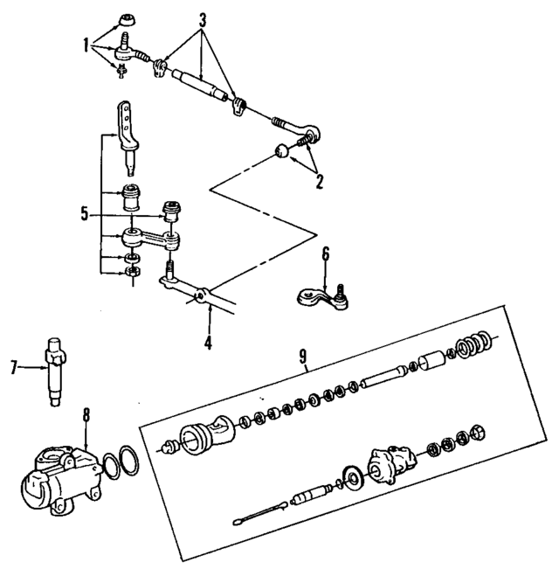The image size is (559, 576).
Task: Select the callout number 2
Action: coord(319,182)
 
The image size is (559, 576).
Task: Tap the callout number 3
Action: coord(203,18)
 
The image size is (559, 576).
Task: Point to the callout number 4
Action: coord(208,344)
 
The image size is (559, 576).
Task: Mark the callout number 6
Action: coord(325,254)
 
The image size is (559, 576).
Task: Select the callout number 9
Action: coord(302,356)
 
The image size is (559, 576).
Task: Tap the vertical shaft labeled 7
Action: coord(53,370)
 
